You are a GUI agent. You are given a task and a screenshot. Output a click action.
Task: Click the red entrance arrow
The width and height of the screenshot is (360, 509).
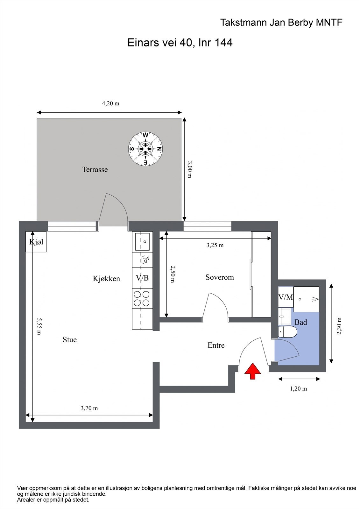(x=253, y=371)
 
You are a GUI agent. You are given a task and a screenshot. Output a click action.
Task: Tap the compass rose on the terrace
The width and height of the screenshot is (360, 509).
(x=145, y=149)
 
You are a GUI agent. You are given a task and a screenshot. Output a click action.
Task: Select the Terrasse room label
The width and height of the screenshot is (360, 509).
(x=95, y=170)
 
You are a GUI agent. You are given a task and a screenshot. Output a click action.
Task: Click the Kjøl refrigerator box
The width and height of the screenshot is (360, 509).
(x=36, y=242)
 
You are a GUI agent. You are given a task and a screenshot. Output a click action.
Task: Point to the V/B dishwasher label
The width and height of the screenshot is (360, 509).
(x=142, y=278)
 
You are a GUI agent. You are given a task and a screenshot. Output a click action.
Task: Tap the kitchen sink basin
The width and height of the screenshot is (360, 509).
(x=142, y=241)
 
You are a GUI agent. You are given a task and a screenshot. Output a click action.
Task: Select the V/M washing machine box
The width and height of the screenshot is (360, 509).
(x=286, y=297)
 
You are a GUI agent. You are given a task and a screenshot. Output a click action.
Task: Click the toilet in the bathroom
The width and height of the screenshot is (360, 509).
(x=287, y=332)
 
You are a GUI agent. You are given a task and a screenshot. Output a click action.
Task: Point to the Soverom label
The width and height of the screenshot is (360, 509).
(x=220, y=277)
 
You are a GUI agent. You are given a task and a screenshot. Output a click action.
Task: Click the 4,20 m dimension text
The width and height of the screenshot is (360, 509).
(x=110, y=103)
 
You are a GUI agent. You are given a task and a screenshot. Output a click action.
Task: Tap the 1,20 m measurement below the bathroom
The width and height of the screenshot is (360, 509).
(x=298, y=388)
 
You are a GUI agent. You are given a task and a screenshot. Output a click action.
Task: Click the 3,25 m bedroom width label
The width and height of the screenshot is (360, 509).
(x=215, y=245)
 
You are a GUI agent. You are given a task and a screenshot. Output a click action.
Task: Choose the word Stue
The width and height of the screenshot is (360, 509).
(x=70, y=340)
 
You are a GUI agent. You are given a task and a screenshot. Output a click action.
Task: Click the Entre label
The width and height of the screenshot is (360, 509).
(x=216, y=345)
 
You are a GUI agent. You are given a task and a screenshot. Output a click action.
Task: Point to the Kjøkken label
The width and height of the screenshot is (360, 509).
(x=106, y=279)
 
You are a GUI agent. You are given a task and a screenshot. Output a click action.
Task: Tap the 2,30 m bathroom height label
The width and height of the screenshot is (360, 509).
(x=339, y=326)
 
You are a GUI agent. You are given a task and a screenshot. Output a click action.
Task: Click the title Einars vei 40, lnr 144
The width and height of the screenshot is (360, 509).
(x=180, y=43)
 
